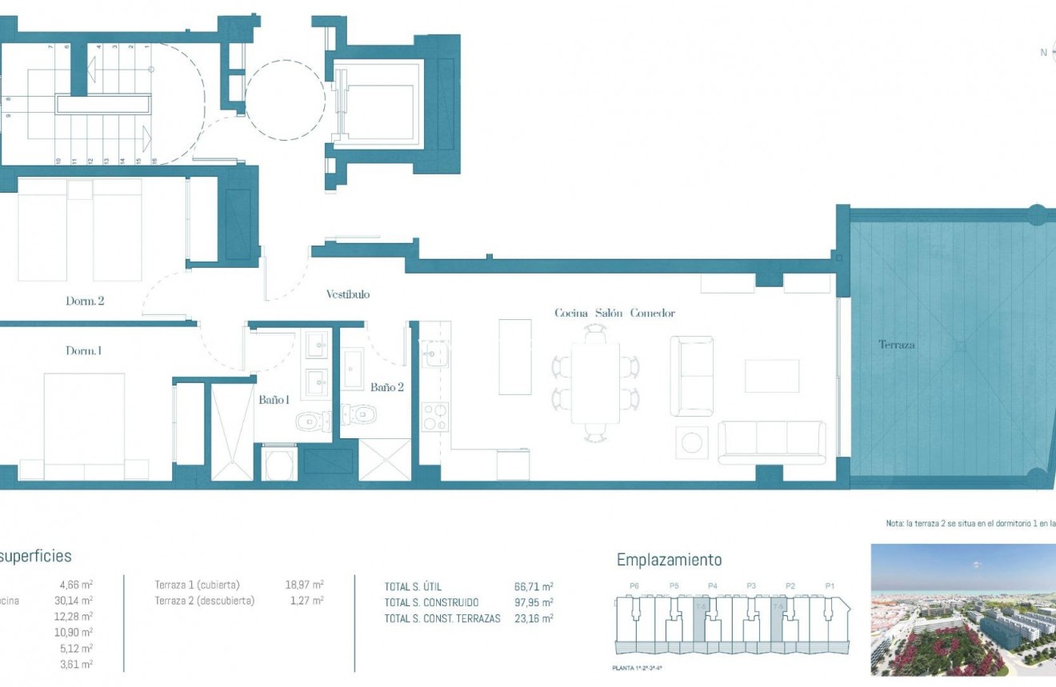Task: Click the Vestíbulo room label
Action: coord(347,294)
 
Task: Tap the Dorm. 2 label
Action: coord(85,302)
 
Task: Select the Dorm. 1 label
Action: coord(83,350)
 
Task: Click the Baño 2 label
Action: coord(387,387)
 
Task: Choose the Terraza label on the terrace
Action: coord(896,345)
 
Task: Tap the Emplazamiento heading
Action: coord(669,560)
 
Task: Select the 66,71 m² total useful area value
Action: coord(534,587)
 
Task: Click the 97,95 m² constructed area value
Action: coord(534,602)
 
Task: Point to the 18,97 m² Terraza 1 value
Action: coord(305,585)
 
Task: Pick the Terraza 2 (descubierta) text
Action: coord(205,601)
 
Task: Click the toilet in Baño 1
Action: coord(311,421)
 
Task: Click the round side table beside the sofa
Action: coord(691,442)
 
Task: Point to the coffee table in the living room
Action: coord(771,376)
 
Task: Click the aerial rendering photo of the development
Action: coord(962,609)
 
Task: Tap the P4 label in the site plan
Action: coord(712,586)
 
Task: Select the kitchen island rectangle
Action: coord(514,357)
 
